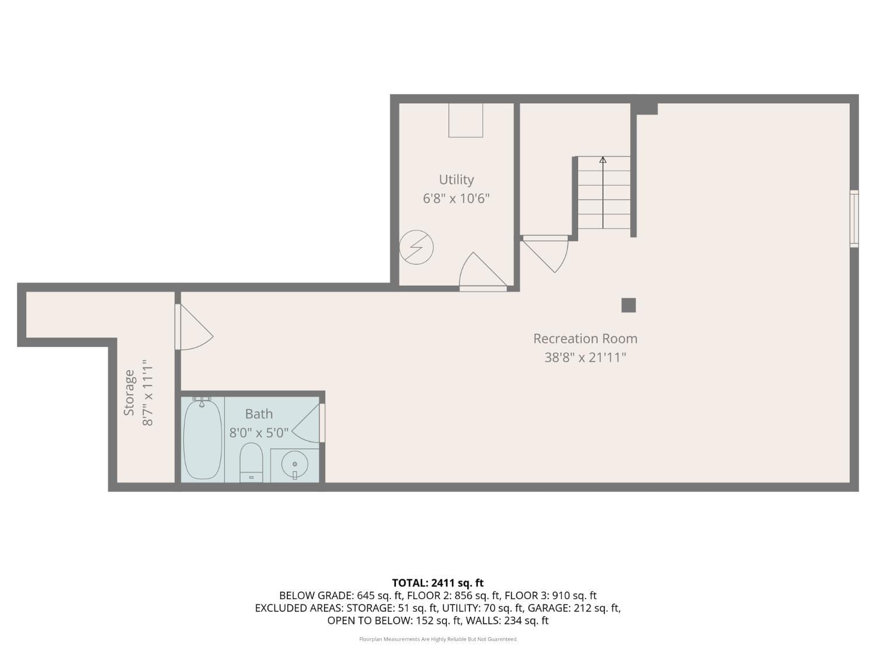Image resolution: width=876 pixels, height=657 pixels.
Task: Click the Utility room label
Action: click(x=456, y=180)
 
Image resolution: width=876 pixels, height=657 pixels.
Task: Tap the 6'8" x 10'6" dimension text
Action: click(x=456, y=199)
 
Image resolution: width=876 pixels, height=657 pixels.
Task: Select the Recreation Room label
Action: click(x=585, y=339)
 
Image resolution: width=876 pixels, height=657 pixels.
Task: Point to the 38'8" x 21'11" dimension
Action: click(x=585, y=357)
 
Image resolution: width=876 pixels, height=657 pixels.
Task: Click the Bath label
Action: click(x=259, y=414)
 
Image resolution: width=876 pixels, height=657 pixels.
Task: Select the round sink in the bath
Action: click(x=294, y=465)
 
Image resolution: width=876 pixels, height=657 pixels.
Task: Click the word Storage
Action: click(x=129, y=392)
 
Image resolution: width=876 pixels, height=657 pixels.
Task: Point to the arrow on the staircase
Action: click(x=603, y=160)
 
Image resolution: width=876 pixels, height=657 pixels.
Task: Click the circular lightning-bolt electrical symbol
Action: click(x=416, y=247)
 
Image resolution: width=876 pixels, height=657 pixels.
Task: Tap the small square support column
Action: click(x=628, y=305)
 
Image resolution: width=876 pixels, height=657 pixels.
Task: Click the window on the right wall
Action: click(x=854, y=218)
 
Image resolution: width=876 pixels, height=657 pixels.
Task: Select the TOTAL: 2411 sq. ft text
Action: click(x=437, y=583)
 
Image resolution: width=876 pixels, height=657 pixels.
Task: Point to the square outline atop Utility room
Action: click(x=465, y=120)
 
